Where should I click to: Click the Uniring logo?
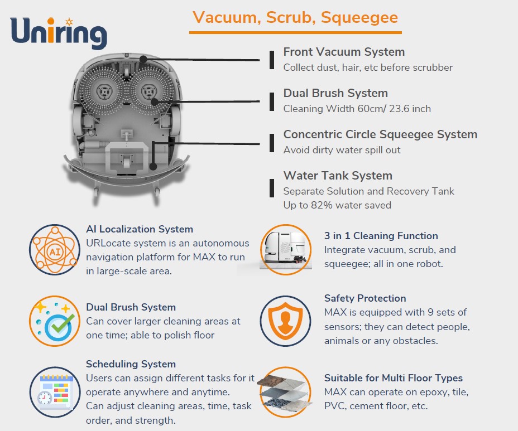click(x=59, y=33)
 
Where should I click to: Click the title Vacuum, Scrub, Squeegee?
click(x=295, y=17)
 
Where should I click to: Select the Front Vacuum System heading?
click(x=344, y=52)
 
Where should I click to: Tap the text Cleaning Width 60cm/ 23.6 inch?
click(x=357, y=109)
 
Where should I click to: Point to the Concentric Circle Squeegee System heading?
click(x=380, y=134)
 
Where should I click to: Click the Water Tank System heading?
click(x=338, y=176)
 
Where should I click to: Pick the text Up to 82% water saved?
click(x=337, y=205)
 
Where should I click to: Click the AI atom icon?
click(x=55, y=250)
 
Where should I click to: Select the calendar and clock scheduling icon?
click(x=55, y=393)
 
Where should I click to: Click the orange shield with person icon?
click(x=285, y=321)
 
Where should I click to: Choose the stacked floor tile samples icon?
click(x=285, y=393)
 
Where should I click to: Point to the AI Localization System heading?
click(x=140, y=229)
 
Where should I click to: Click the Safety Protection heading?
click(x=365, y=298)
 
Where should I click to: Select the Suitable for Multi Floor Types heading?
click(x=393, y=378)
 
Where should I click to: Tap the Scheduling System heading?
click(x=131, y=364)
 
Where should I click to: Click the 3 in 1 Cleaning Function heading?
click(x=381, y=236)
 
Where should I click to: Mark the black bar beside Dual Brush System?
click(x=272, y=101)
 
